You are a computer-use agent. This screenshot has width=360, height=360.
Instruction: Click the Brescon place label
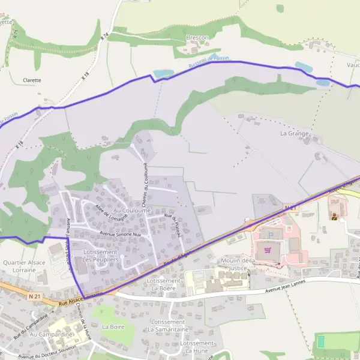[197, 38]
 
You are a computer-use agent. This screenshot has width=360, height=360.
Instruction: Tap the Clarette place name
[32, 80]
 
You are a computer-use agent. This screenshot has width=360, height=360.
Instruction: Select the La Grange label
[294, 133]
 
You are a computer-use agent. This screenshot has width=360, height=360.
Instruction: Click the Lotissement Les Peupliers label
[100, 256]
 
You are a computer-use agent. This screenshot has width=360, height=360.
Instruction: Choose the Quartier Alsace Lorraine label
[24, 266]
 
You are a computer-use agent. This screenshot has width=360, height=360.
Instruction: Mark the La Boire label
[113, 327]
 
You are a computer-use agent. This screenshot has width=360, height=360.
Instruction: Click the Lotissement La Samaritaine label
[169, 326]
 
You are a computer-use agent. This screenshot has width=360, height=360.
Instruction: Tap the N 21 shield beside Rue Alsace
[34, 296]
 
